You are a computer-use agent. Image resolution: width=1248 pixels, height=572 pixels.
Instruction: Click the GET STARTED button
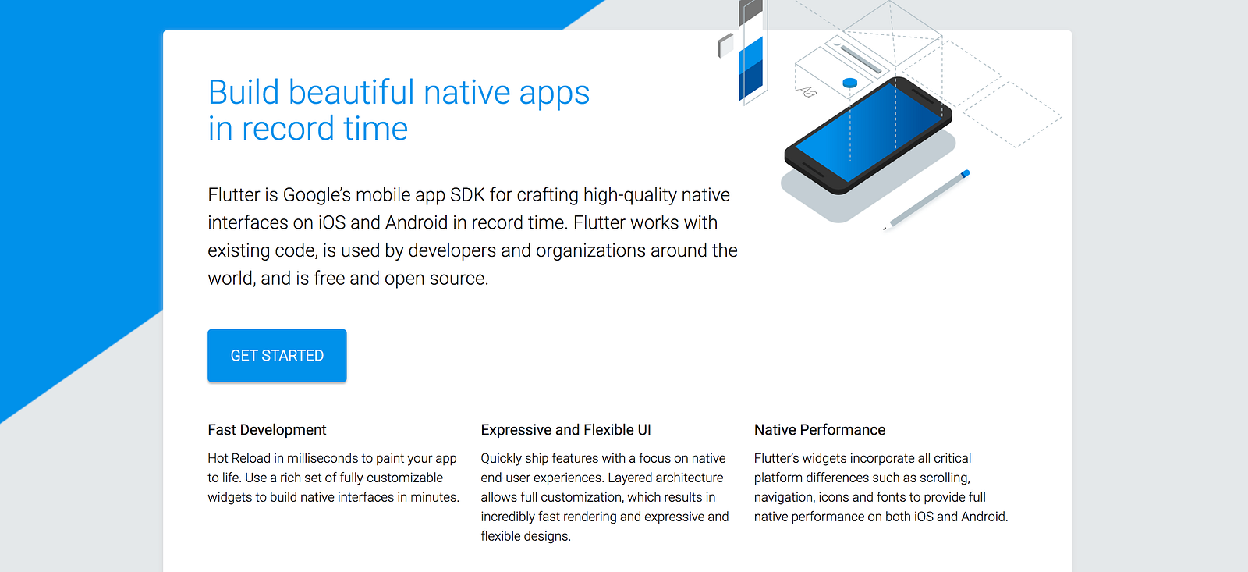point(277,356)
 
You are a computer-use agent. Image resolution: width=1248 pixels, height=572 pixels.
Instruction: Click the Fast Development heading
point(267,430)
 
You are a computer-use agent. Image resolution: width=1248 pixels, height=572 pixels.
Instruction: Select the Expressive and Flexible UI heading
point(565,430)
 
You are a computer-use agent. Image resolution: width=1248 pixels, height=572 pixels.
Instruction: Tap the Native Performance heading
point(820,430)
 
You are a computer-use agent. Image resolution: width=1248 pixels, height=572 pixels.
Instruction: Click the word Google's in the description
point(317,195)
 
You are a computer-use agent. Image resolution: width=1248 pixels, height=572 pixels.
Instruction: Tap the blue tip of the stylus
point(966,174)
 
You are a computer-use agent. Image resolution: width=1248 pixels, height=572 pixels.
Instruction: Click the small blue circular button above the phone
point(849,83)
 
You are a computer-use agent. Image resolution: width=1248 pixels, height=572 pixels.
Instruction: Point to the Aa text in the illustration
point(807,91)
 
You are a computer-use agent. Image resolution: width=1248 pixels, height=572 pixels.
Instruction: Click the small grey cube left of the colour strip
point(725,45)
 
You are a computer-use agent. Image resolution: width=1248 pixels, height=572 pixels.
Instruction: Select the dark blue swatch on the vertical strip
point(750,81)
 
